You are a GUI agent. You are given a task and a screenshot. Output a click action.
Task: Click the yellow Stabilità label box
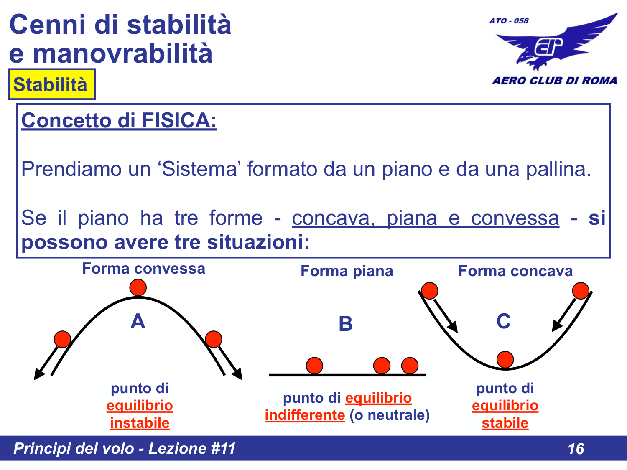pos(51,84)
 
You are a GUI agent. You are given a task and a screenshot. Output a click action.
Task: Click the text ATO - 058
pos(509,20)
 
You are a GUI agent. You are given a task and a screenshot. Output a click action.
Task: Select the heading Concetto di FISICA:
pos(119,121)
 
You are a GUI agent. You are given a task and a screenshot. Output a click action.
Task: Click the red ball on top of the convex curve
pos(138,287)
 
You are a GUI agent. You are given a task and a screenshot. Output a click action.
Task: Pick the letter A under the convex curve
pos(138,322)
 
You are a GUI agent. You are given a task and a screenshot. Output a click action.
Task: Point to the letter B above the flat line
pos(346,324)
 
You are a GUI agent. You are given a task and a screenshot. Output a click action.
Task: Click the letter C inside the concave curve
pos(504,321)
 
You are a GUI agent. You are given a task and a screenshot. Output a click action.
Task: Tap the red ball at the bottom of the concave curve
pos(505,359)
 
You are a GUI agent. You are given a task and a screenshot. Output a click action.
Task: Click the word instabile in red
pos(140,423)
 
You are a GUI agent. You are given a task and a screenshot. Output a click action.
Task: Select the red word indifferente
pos(305,415)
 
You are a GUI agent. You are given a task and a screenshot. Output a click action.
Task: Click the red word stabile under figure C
pos(505,423)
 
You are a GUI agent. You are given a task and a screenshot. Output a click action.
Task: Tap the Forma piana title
pos(347,271)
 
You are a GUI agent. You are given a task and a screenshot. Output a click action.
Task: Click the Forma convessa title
pos(143,269)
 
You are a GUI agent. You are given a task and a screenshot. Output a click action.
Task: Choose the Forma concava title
pos(515,271)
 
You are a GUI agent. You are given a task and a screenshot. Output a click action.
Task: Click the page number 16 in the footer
pos(576,449)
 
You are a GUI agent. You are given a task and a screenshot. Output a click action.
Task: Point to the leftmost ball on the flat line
pos(314,366)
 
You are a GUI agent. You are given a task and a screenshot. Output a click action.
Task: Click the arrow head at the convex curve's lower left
pos(38,374)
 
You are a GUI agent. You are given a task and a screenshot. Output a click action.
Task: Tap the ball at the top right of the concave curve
pos(581,291)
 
